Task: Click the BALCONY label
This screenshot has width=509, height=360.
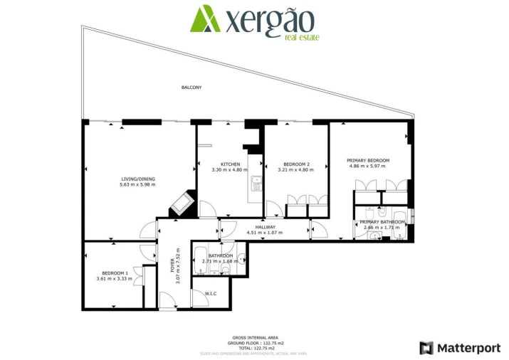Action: point(191,88)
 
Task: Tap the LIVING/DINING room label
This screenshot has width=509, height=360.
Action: point(137,179)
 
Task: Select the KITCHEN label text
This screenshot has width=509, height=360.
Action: point(229,164)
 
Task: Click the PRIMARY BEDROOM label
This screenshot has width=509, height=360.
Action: point(368,160)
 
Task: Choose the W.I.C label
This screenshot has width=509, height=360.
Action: point(211,294)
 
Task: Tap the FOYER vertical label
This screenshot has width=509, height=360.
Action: point(172,265)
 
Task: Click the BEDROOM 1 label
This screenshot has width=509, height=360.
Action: point(115,273)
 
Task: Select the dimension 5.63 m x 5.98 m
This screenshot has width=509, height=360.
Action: point(137,185)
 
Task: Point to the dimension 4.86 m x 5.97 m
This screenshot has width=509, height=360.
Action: point(368,166)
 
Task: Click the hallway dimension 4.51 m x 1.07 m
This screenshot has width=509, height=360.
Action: point(264,233)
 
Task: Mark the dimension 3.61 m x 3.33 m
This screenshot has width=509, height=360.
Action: point(115,279)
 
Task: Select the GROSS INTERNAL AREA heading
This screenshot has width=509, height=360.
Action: point(255,337)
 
